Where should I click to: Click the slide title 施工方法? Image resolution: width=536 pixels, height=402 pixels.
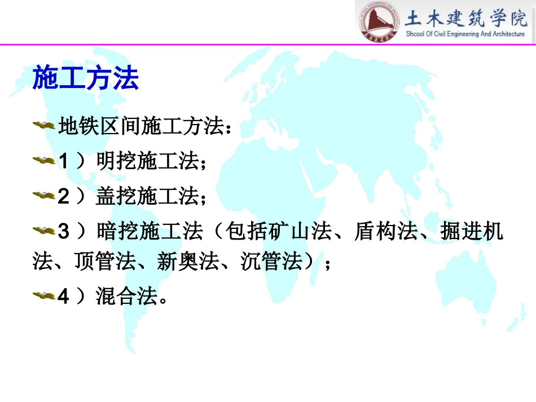point(85,78)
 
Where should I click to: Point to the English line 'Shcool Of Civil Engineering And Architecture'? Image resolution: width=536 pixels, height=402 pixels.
point(465,34)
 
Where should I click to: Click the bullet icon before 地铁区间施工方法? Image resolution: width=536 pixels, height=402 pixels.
point(43,126)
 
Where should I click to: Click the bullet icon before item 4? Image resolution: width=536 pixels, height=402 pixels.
point(43,295)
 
